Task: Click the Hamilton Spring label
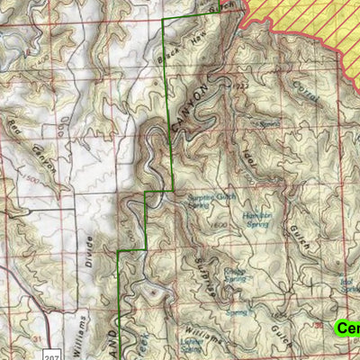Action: click(256, 220)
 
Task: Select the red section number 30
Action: click(317, 324)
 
